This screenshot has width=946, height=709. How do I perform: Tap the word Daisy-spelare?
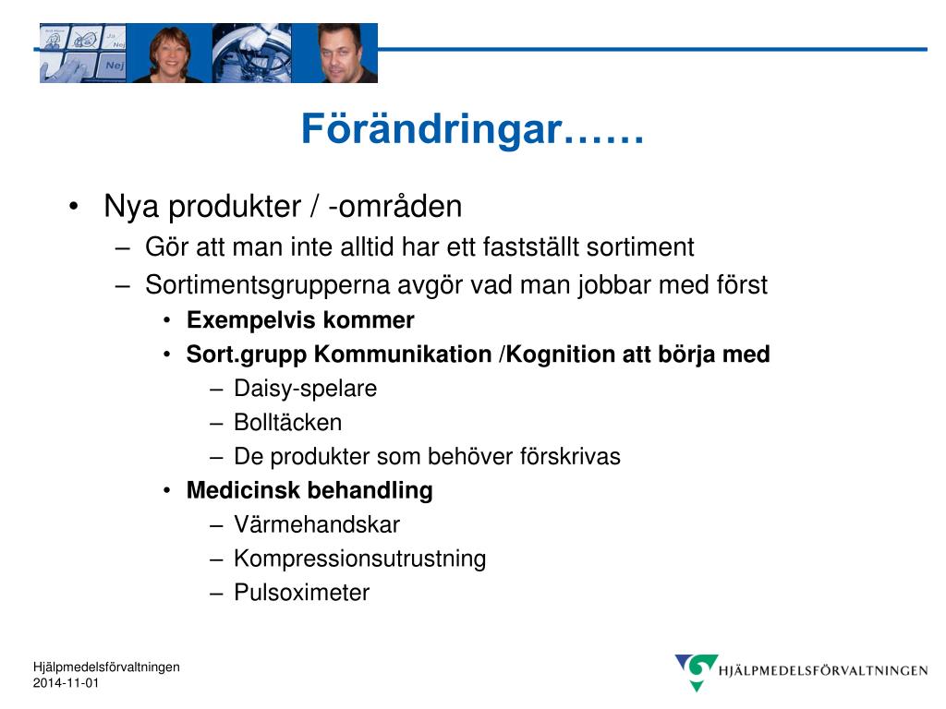pyautogui.click(x=305, y=389)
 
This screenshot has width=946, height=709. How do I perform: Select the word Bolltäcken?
pyautogui.click(x=288, y=422)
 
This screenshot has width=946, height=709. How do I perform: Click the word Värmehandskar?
pyautogui.click(x=317, y=524)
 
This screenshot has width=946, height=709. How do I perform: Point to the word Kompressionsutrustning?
pyautogui.click(x=360, y=559)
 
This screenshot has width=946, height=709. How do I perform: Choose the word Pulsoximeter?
pyautogui.click(x=302, y=593)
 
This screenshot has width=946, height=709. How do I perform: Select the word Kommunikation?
pyautogui.click(x=403, y=354)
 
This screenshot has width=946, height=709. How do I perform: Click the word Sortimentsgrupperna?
pyautogui.click(x=267, y=285)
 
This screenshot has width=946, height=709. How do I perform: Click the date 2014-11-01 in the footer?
pyautogui.click(x=66, y=683)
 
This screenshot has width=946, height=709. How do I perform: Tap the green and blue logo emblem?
pyautogui.click(x=697, y=671)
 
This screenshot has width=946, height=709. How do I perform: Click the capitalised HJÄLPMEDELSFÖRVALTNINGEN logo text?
pyautogui.click(x=823, y=670)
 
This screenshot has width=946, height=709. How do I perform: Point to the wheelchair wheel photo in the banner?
pyautogui.click(x=251, y=53)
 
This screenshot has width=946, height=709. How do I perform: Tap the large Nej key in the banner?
pyautogui.click(x=113, y=66)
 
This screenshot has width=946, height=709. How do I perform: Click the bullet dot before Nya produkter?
pyautogui.click(x=74, y=207)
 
